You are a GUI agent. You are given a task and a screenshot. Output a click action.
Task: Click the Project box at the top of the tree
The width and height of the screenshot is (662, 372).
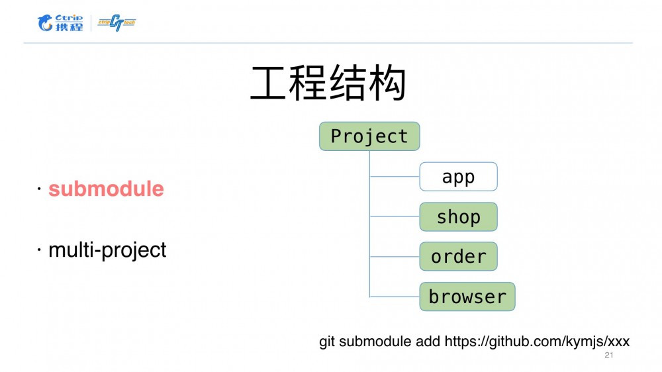(x=369, y=136)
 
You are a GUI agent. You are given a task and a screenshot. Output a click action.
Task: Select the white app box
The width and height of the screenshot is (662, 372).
(x=458, y=177)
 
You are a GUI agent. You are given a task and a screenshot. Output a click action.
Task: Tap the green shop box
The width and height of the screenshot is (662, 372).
(x=458, y=217)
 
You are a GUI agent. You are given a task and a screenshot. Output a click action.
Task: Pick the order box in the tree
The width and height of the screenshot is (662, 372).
(x=458, y=257)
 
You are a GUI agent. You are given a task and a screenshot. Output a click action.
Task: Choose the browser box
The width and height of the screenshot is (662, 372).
(x=467, y=297)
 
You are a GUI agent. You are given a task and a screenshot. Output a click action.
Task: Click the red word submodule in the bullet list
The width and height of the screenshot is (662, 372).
(x=106, y=189)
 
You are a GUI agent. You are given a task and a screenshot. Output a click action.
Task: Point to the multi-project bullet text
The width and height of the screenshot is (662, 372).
(x=107, y=250)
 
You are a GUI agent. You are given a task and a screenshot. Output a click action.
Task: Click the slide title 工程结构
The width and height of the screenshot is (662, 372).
(x=328, y=84)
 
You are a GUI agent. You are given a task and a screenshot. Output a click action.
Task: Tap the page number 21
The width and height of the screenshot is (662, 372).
(x=610, y=356)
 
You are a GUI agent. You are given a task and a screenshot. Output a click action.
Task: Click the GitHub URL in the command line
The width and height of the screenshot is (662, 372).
(x=537, y=342)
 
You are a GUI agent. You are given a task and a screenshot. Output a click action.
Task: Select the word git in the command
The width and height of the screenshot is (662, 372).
(x=327, y=342)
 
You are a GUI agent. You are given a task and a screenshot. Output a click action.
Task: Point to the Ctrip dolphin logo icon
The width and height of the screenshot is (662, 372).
(x=46, y=24)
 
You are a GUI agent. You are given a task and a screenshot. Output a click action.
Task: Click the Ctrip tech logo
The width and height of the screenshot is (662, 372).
(x=117, y=23)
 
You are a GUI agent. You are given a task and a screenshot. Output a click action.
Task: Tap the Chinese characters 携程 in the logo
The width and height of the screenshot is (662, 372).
(x=70, y=26)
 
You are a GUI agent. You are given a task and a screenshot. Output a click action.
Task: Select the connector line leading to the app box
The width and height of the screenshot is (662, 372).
(x=395, y=177)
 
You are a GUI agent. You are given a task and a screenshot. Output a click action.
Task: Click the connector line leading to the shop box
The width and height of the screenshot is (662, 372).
(x=395, y=216)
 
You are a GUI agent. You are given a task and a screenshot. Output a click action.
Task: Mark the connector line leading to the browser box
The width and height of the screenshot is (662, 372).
(x=395, y=297)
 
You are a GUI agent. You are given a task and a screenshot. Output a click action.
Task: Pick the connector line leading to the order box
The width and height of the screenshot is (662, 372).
(x=395, y=257)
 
